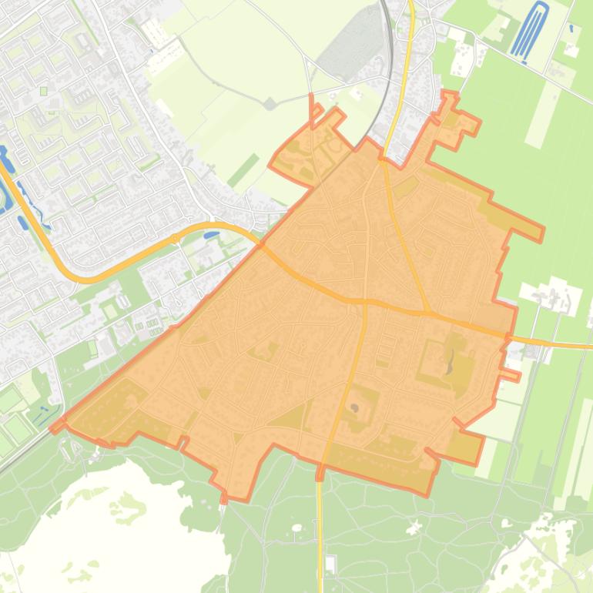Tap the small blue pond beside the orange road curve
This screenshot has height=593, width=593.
pos(211,234)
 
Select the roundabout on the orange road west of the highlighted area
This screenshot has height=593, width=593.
pos(176,239)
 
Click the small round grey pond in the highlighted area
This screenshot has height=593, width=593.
pos(354,407)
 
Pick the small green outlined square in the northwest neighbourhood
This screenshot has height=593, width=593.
pos(44,91)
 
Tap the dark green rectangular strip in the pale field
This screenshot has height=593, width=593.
pos(243,170)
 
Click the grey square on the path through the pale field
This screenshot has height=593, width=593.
pos(270,103)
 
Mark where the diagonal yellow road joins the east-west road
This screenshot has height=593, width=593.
pos(426,313)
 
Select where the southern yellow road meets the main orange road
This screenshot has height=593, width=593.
pos(364,301)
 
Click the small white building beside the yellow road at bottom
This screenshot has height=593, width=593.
pos(330,564)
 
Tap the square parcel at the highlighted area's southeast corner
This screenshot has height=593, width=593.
pos(465,447)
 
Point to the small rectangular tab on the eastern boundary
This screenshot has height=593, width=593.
pos(509,375)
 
